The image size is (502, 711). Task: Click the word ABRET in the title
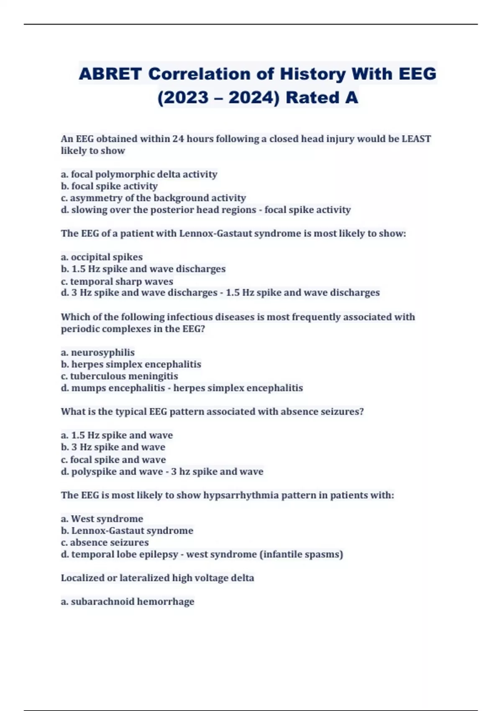(x=110, y=74)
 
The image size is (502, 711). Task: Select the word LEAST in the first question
(x=416, y=139)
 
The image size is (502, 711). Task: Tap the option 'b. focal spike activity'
(x=109, y=186)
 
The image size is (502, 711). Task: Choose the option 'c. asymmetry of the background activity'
(x=153, y=198)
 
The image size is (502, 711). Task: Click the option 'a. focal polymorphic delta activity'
(x=139, y=174)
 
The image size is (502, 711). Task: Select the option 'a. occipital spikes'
(x=102, y=257)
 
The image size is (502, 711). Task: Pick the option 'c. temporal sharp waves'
(x=117, y=281)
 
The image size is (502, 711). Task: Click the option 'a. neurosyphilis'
(x=97, y=352)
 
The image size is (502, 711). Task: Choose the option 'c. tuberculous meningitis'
(x=119, y=376)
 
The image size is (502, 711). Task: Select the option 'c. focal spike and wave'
(x=113, y=460)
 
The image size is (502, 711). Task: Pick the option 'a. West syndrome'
(x=102, y=519)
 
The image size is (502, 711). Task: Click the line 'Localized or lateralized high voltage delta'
(x=157, y=578)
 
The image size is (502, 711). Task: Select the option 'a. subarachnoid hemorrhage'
(x=128, y=601)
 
